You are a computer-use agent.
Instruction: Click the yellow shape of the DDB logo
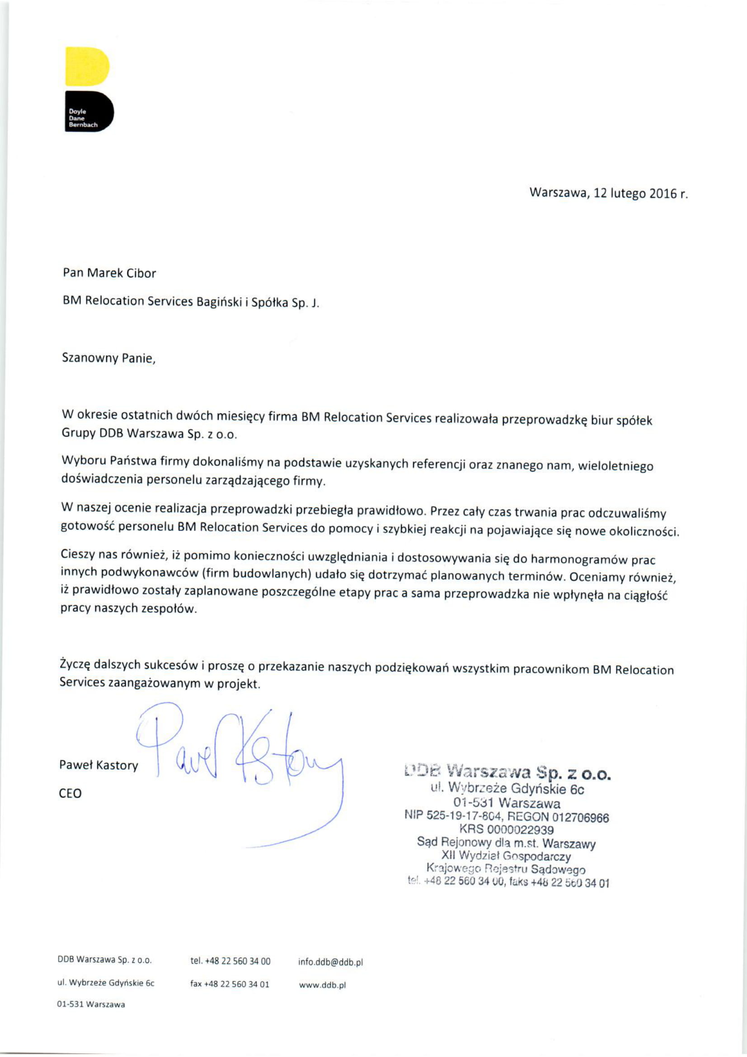tap(87, 66)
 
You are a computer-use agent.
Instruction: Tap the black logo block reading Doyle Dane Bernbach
tap(89, 112)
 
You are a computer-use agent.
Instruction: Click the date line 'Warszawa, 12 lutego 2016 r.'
tap(608, 193)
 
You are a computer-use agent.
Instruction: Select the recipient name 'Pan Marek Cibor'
tap(109, 273)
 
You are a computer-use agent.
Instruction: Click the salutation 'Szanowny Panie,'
tap(109, 358)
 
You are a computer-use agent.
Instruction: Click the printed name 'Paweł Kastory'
tap(99, 765)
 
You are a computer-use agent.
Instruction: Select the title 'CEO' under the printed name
tap(70, 793)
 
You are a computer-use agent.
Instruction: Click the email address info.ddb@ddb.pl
tap(330, 962)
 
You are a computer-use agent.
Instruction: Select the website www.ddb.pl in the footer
tap(322, 985)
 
